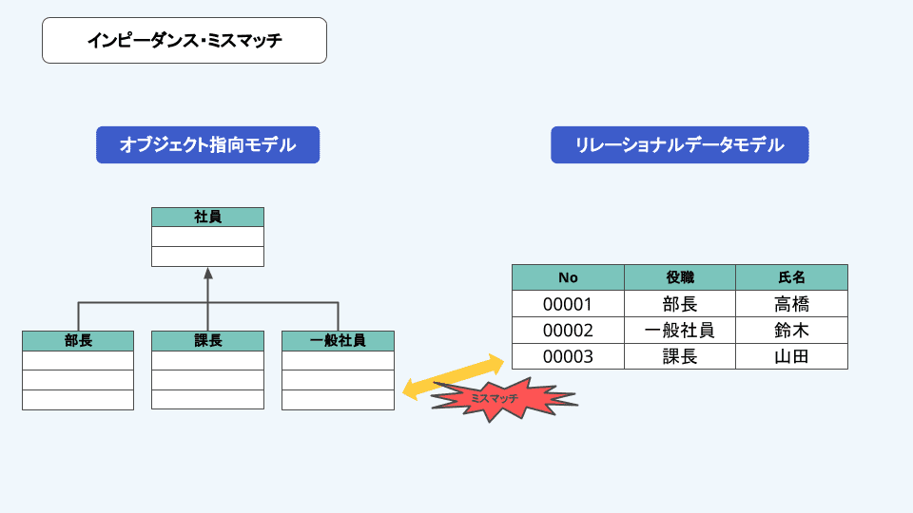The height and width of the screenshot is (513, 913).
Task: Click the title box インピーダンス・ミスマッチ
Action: (185, 41)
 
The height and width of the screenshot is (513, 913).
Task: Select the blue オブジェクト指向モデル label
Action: (207, 145)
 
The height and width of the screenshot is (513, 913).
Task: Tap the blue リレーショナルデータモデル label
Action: (679, 145)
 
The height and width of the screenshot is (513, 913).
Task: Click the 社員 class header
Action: (207, 218)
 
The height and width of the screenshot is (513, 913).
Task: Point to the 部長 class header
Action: (78, 340)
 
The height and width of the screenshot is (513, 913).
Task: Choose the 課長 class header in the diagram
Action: (207, 340)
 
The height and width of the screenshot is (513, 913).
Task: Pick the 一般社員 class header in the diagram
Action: (338, 340)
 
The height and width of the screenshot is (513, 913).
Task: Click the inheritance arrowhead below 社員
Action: (207, 275)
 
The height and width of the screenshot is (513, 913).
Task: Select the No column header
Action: (568, 277)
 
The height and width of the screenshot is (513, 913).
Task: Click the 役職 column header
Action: (680, 277)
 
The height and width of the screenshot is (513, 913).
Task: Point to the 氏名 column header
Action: (791, 277)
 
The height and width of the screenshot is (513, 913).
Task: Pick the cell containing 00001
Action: (568, 304)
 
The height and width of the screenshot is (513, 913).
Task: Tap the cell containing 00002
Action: (568, 331)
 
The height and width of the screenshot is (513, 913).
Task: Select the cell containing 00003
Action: (568, 357)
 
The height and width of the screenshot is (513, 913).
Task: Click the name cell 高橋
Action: (791, 304)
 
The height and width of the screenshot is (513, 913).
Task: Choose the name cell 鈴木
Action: (791, 331)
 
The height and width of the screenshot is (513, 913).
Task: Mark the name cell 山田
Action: (791, 357)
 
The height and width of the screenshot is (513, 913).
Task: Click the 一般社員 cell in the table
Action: (680, 331)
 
